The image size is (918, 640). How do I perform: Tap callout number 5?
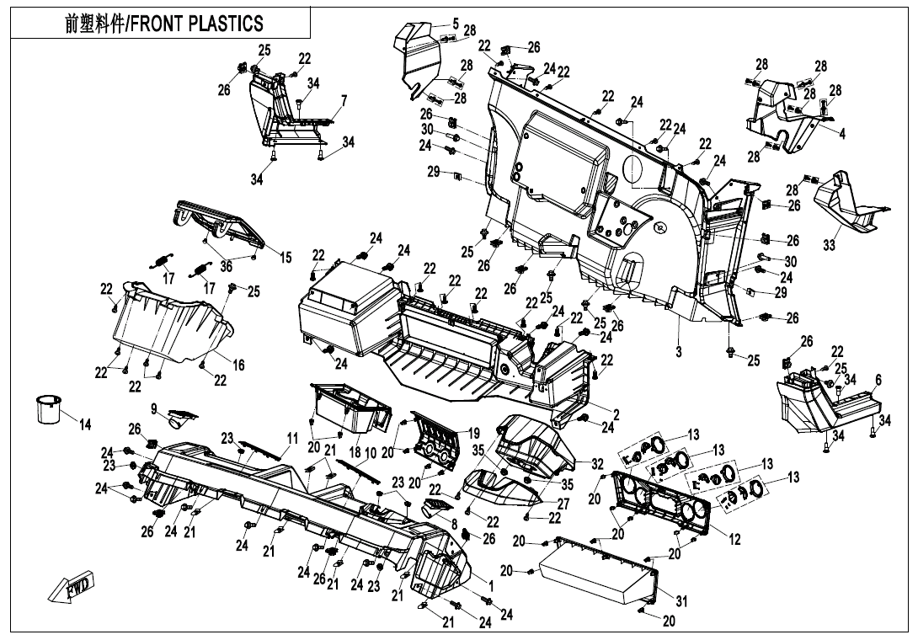(x=456, y=23)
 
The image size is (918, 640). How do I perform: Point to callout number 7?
(x=344, y=101)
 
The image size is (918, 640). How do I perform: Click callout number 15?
(x=286, y=257)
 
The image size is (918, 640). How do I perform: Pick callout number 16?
(x=239, y=365)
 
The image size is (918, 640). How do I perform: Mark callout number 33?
(x=829, y=246)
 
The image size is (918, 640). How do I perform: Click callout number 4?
(x=841, y=132)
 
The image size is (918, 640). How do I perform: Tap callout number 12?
(x=735, y=540)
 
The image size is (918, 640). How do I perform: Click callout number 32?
(x=597, y=463)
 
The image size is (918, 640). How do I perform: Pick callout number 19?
(x=473, y=433)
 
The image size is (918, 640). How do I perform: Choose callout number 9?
(x=155, y=408)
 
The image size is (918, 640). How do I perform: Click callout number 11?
(x=292, y=438)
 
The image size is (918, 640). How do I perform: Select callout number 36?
(x=226, y=267)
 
